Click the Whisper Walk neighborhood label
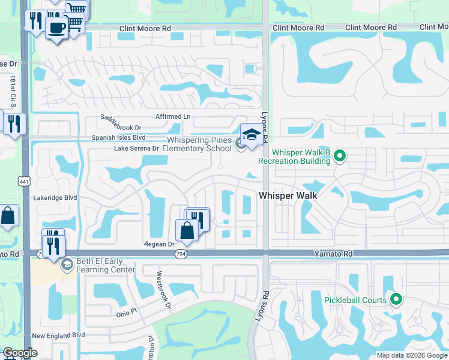288,196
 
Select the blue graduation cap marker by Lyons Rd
252,134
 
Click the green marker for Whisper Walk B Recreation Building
340,157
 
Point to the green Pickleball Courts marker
396,299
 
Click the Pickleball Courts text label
355,299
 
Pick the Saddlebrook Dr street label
121,127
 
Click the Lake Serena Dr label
136,148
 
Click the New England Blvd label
58,336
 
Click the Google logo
20,353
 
